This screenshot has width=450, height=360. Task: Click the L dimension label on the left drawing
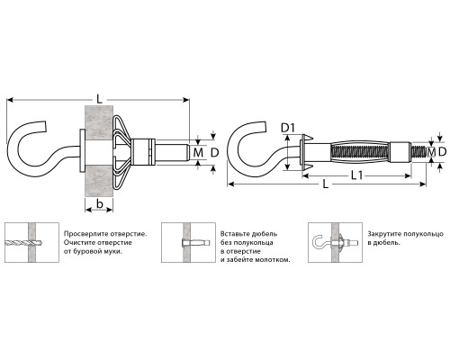(x=99, y=99)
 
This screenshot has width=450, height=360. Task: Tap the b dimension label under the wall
(x=99, y=204)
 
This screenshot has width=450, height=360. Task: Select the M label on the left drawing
(x=198, y=153)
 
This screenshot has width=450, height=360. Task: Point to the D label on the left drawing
(x=215, y=153)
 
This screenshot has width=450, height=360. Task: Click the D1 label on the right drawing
(x=288, y=128)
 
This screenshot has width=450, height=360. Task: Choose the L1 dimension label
(x=356, y=175)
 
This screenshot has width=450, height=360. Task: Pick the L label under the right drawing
(x=326, y=184)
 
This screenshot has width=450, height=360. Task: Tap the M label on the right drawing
(x=431, y=152)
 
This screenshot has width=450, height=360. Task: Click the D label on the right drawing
(x=442, y=152)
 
